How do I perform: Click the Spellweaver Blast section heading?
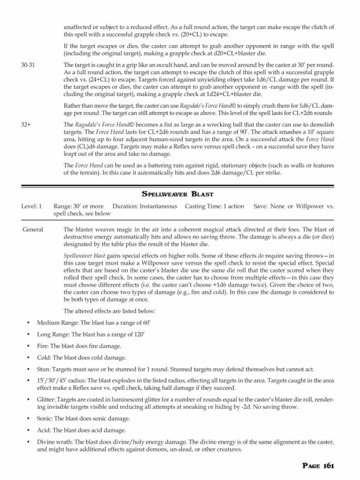(x=180, y=194)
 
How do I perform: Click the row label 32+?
(x=26, y=124)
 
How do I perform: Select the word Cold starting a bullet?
(x=44, y=357)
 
